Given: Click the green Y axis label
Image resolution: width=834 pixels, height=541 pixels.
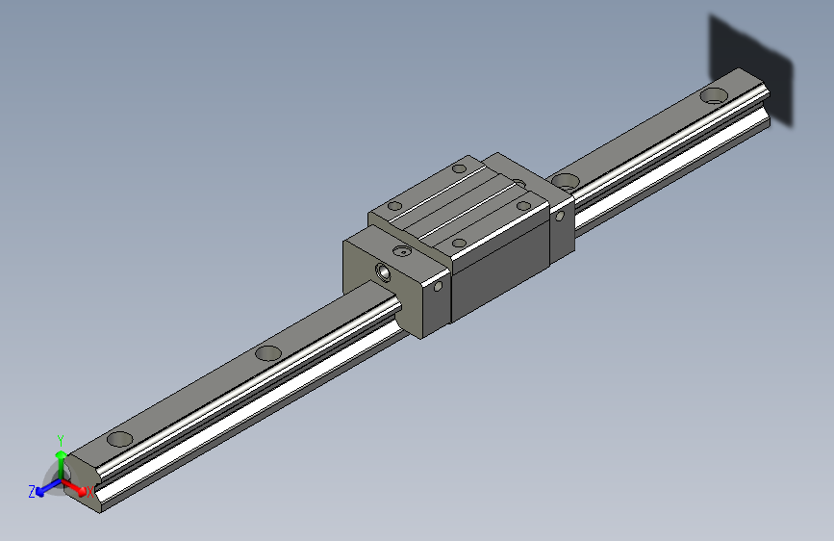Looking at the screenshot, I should point(60,438).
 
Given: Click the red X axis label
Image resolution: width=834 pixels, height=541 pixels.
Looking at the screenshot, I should point(90,492).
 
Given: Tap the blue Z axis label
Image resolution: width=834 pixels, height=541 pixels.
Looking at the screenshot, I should point(32,491).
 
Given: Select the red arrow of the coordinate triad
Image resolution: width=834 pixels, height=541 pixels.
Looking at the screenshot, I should point(77,486).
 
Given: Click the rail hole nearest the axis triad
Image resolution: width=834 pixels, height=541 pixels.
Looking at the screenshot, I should point(120,439).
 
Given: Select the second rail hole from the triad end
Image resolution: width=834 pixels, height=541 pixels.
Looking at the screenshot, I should point(268,352).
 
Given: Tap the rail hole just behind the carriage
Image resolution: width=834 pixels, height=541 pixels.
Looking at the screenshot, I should point(566,180).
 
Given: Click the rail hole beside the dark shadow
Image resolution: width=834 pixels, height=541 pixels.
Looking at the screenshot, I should point(713,95).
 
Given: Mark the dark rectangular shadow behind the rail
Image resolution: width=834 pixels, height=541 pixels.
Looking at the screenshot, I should point(750,67).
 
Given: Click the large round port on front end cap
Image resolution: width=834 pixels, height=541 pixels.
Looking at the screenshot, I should point(384,271).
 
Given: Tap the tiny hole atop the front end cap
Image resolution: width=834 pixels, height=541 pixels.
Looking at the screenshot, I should point(401,250).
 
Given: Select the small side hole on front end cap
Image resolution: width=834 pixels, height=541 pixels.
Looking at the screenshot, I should point(438,286).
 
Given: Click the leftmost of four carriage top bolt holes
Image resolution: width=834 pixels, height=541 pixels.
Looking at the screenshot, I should point(393,205).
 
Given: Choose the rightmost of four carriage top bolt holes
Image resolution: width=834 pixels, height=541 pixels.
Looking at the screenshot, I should point(524,203).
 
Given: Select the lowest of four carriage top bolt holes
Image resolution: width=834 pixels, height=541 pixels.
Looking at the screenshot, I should point(459,243).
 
